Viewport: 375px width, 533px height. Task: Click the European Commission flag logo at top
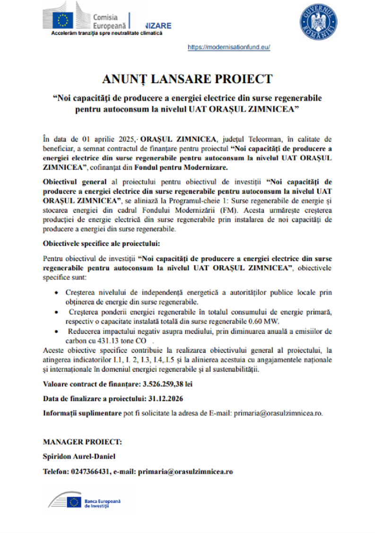(x=62, y=20)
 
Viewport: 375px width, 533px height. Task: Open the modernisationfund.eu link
(x=229, y=47)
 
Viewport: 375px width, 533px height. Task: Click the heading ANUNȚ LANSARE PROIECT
(x=187, y=79)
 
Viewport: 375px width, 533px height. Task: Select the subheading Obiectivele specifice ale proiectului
(x=101, y=244)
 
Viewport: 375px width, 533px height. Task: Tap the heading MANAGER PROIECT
(x=82, y=442)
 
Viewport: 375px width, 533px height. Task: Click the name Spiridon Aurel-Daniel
(x=79, y=457)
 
